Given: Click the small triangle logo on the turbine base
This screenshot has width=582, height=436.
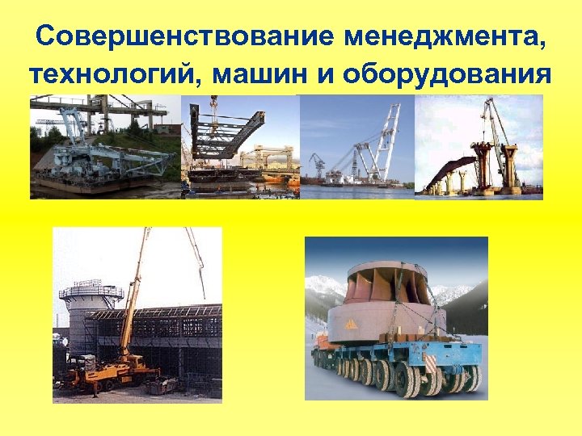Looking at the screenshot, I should (352, 323).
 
